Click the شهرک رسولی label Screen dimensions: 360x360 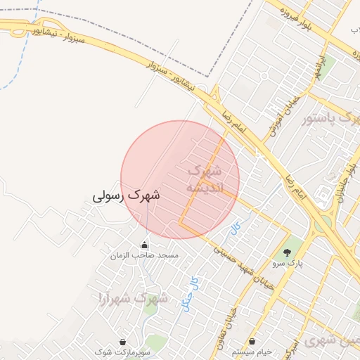click(x=127, y=195)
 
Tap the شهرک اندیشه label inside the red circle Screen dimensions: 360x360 click(x=205, y=179)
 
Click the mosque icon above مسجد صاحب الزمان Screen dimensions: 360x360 click(x=145, y=245)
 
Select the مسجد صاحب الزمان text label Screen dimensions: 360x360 click(x=144, y=256)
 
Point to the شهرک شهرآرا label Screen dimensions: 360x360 click(x=134, y=298)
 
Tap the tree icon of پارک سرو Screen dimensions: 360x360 click(x=286, y=252)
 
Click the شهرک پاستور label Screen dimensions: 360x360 click(x=330, y=117)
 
